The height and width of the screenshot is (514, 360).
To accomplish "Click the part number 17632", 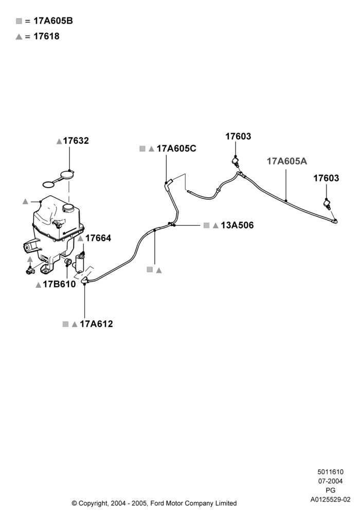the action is (76, 141).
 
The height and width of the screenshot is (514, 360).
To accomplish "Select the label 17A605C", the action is (176, 149).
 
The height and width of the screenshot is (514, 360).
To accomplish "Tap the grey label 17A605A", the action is (287, 161).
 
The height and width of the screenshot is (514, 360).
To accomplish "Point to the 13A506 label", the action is (237, 225).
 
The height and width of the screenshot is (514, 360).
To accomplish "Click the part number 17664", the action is (98, 238).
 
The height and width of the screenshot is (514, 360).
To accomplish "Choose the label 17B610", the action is (59, 284).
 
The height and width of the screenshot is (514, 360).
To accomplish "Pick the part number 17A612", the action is (96, 324).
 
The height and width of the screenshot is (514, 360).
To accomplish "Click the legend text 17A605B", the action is (53, 21).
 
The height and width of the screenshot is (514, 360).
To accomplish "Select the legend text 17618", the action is (47, 36).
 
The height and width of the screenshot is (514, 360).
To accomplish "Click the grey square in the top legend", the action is (19, 21).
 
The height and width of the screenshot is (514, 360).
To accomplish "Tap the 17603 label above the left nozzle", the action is (238, 136).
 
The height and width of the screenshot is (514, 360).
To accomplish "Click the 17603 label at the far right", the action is (326, 178).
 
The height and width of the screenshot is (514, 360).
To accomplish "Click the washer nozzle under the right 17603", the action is (327, 204).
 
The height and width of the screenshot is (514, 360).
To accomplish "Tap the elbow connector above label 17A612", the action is (85, 280).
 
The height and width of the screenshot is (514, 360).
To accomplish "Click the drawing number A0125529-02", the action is (331, 500).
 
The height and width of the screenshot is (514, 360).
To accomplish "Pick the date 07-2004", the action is (331, 481).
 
